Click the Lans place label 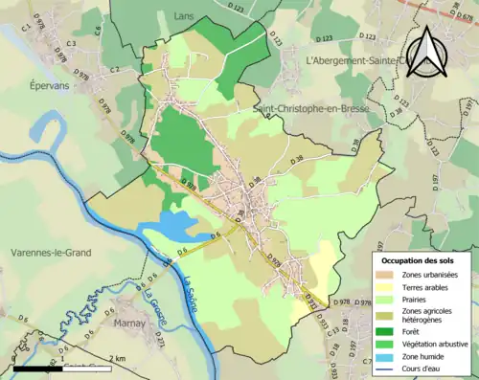point(184,16)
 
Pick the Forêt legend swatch point(387,331)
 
